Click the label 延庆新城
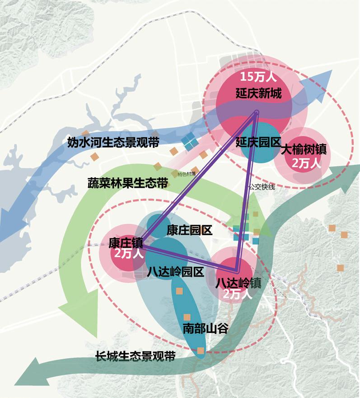coord(258,94)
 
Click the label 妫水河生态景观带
coord(113,143)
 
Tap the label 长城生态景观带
coord(135,356)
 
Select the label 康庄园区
coord(189,231)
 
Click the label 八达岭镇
coord(239,282)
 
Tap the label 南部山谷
coord(205,328)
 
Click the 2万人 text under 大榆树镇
coord(306,163)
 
